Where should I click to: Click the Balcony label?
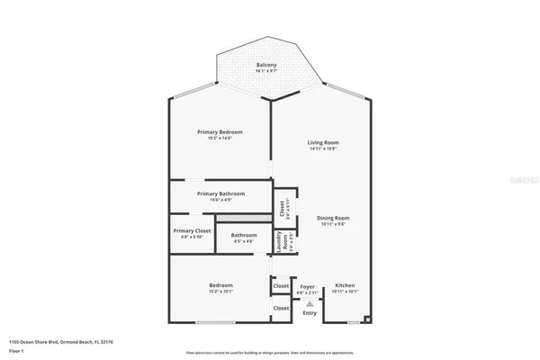[265, 66]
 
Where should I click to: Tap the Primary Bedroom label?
[220, 131]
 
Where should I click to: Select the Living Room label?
[323, 142]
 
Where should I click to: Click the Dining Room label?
[332, 218]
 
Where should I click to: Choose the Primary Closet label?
[192, 230]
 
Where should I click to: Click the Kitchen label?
[346, 285]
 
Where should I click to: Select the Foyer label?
[308, 285]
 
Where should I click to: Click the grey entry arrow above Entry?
[310, 304]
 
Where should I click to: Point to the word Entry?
[310, 313]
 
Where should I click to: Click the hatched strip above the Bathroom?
[243, 218]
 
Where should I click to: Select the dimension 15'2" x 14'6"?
[220, 139]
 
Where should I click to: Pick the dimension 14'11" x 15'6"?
[323, 149]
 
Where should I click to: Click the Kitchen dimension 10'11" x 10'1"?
[346, 292]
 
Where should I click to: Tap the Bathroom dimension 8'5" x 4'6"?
[244, 241]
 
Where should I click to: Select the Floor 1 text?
[15, 351]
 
